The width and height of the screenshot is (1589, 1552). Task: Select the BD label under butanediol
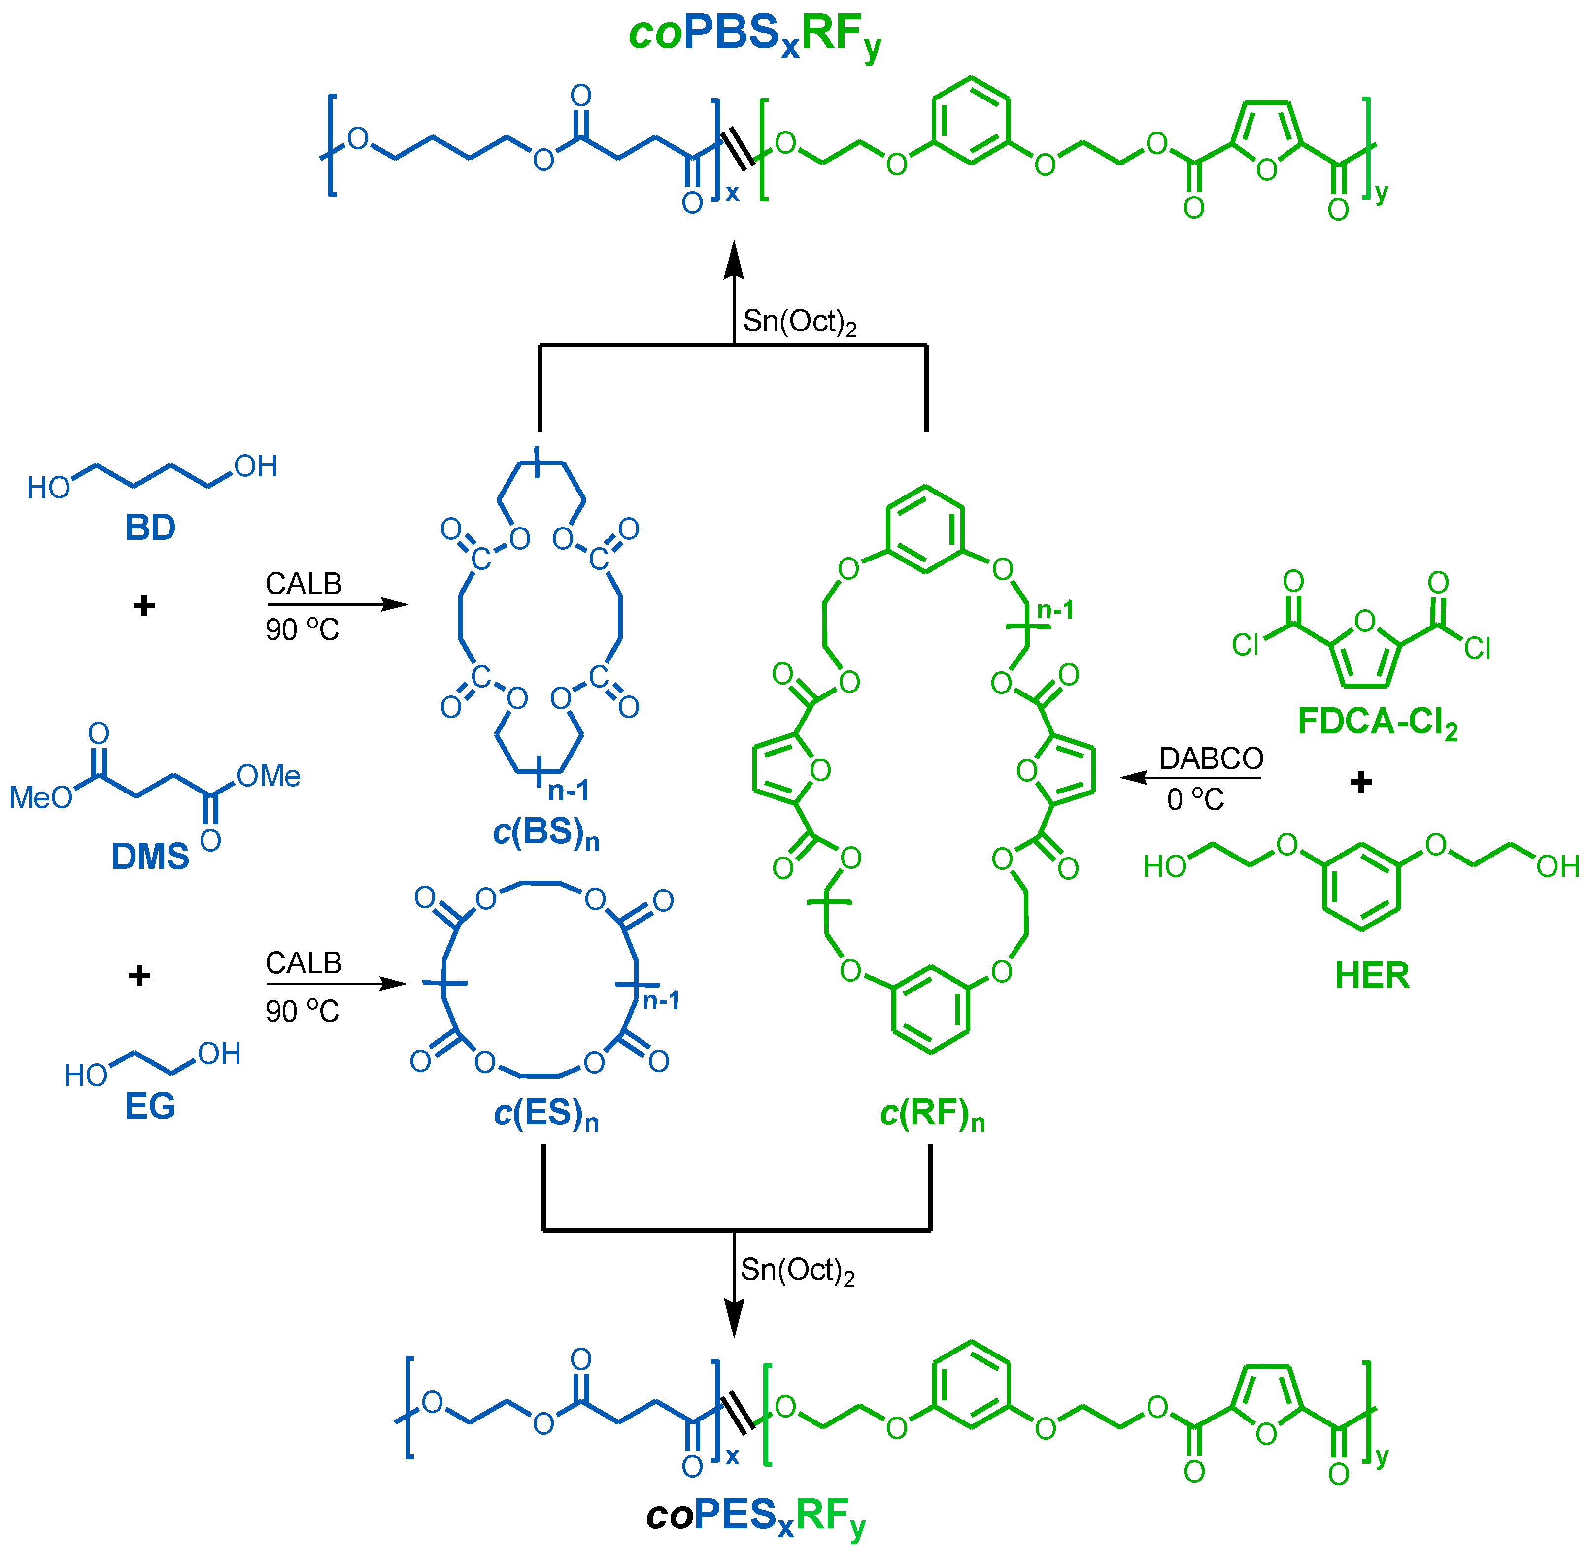click(150, 528)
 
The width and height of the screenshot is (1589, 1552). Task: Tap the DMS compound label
click(150, 857)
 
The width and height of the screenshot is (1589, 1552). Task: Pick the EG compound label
click(150, 1106)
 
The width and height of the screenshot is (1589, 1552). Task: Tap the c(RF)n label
click(932, 1114)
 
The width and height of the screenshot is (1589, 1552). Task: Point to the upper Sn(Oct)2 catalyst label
click(799, 322)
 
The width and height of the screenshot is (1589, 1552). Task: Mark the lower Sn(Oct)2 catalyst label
click(797, 1270)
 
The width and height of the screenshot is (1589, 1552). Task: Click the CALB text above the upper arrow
click(304, 584)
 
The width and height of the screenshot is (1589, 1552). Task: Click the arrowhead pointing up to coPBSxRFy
click(734, 261)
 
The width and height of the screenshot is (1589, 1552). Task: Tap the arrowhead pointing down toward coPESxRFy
click(734, 1318)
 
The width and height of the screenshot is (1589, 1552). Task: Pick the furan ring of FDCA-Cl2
click(1366, 652)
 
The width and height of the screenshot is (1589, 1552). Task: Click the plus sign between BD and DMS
click(143, 606)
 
